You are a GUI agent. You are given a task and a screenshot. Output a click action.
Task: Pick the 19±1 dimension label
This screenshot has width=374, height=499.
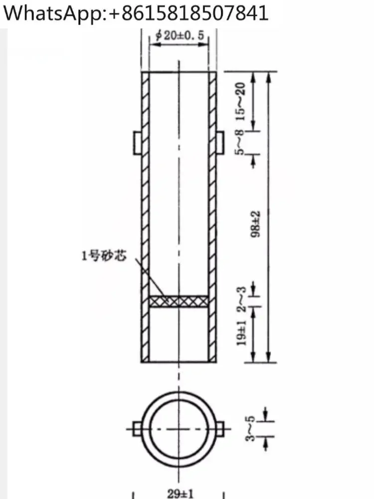[x=241, y=333]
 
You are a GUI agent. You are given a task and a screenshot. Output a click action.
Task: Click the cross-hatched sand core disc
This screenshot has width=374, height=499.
[x=179, y=301]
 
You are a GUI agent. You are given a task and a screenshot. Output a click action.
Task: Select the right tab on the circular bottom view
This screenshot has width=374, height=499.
[x=220, y=428]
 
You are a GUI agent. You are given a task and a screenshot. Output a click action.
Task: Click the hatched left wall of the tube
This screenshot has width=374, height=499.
[x=146, y=215]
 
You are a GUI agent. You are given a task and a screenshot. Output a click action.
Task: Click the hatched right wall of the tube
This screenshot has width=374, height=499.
[x=212, y=215]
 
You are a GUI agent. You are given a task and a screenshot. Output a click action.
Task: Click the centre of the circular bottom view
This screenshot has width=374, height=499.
[x=179, y=429]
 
